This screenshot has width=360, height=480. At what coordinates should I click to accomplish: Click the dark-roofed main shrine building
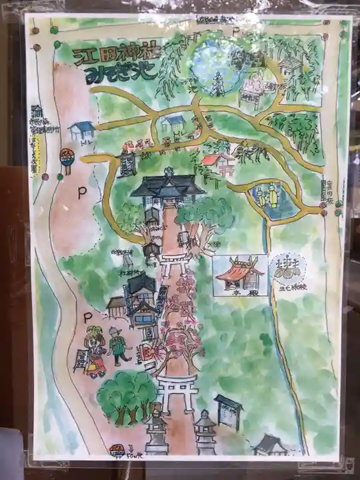167,185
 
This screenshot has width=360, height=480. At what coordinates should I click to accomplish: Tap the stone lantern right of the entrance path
205,430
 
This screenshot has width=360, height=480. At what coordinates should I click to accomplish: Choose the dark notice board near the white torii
227,411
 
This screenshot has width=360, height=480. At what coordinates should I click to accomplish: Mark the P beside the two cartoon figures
87,319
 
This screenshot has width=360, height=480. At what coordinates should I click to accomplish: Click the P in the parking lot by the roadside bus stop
82,193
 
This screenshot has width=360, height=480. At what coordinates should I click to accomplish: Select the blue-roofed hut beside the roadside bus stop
82,129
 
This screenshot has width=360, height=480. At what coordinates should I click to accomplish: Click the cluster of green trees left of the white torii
126,396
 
